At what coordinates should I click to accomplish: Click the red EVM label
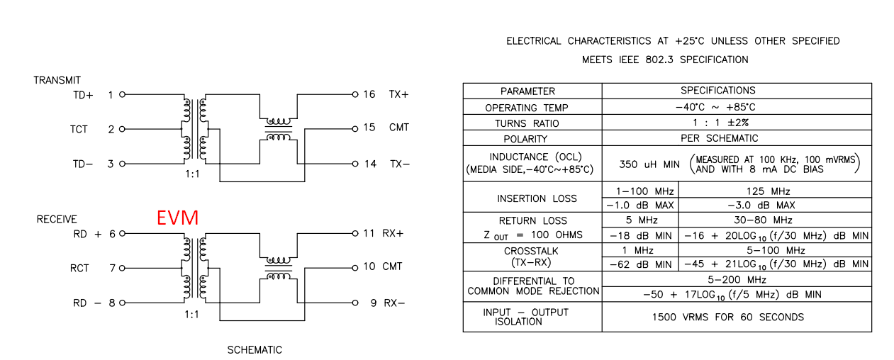[x=178, y=218]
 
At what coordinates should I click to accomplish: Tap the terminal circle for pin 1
[x=123, y=94]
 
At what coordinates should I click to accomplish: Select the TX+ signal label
[x=398, y=94]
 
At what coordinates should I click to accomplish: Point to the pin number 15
[x=369, y=128]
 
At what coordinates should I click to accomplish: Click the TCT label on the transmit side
[x=79, y=129]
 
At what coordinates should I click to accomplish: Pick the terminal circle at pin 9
[x=355, y=303]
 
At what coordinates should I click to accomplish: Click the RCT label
[x=79, y=268]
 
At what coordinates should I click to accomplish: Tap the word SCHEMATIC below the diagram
[x=255, y=350]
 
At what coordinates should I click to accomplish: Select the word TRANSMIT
[x=57, y=80]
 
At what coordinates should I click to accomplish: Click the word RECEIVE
[x=57, y=219]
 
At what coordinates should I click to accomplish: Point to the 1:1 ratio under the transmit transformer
[x=192, y=174]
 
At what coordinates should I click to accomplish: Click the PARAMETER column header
[x=527, y=91]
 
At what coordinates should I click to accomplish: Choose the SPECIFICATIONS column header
[x=718, y=91]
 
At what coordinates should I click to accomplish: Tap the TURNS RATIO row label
[x=527, y=123]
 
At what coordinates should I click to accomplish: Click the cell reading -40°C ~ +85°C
[x=715, y=107]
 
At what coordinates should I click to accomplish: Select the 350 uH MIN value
[x=649, y=164]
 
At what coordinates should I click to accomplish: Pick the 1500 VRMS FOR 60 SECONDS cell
[x=728, y=317]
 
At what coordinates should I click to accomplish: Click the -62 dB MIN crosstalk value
[x=641, y=264]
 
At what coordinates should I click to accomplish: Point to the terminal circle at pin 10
[x=355, y=268]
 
